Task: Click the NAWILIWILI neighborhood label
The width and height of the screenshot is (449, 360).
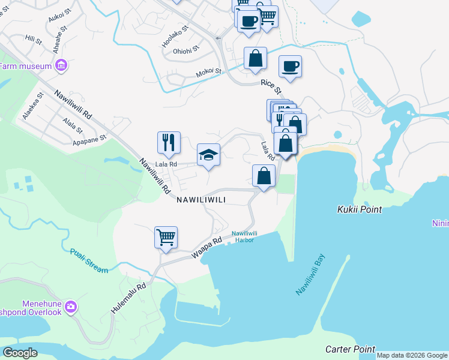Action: [x=201, y=200]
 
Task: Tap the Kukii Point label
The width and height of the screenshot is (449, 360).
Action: [x=358, y=209]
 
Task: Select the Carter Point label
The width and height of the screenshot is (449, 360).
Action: [x=350, y=349]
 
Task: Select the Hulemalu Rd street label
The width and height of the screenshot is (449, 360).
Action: [x=128, y=298]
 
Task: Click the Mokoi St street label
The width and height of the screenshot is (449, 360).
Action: [x=209, y=73]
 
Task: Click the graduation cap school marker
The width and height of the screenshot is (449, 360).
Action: [x=208, y=154]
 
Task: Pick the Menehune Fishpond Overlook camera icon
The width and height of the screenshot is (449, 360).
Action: [x=71, y=307]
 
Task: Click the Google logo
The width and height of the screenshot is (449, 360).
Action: [x=20, y=353]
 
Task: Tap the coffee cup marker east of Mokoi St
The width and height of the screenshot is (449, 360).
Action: [x=290, y=66]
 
